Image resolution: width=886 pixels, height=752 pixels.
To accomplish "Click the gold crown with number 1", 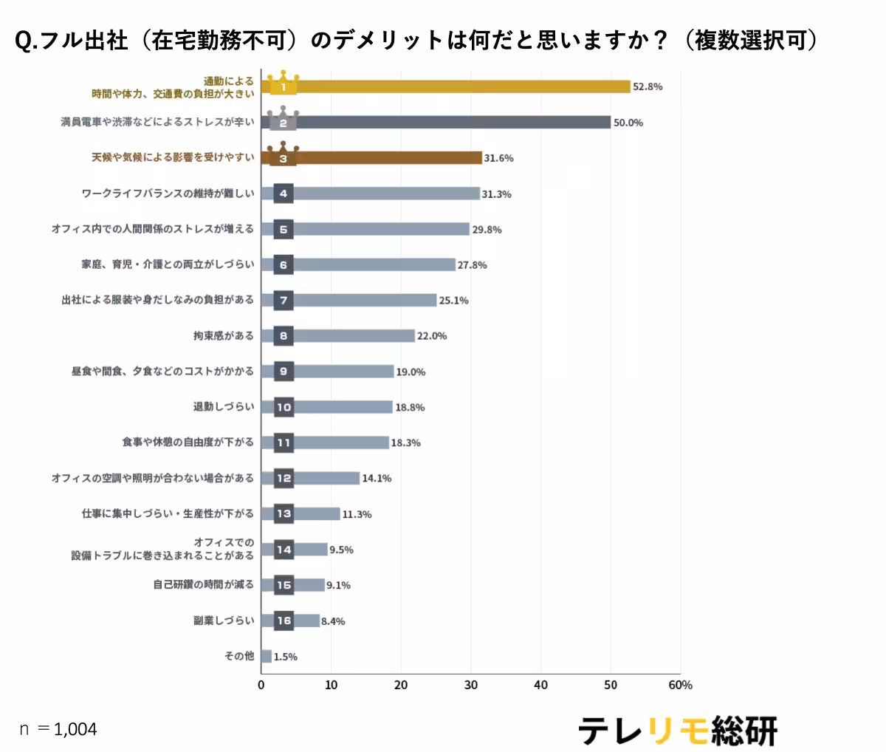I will (x=283, y=83).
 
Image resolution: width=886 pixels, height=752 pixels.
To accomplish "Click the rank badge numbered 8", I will (x=284, y=336).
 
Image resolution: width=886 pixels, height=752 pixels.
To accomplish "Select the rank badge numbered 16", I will (x=284, y=621).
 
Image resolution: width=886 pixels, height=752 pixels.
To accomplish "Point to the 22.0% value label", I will (x=432, y=336).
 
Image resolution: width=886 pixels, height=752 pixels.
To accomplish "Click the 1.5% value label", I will (x=286, y=657).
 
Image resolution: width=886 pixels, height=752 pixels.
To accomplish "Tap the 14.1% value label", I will (x=377, y=478).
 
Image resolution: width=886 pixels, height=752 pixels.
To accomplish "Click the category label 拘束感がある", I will (x=223, y=336).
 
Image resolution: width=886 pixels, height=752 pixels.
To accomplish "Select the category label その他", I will (x=238, y=656).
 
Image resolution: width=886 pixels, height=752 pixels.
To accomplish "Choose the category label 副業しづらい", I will (x=223, y=621).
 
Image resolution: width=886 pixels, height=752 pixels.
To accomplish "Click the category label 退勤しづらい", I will (x=223, y=407).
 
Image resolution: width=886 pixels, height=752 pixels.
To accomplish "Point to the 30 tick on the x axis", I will (x=471, y=685).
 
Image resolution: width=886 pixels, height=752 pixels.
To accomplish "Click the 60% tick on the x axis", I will (x=680, y=685).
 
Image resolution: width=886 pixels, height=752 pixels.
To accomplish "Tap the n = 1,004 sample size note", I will (x=58, y=729).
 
